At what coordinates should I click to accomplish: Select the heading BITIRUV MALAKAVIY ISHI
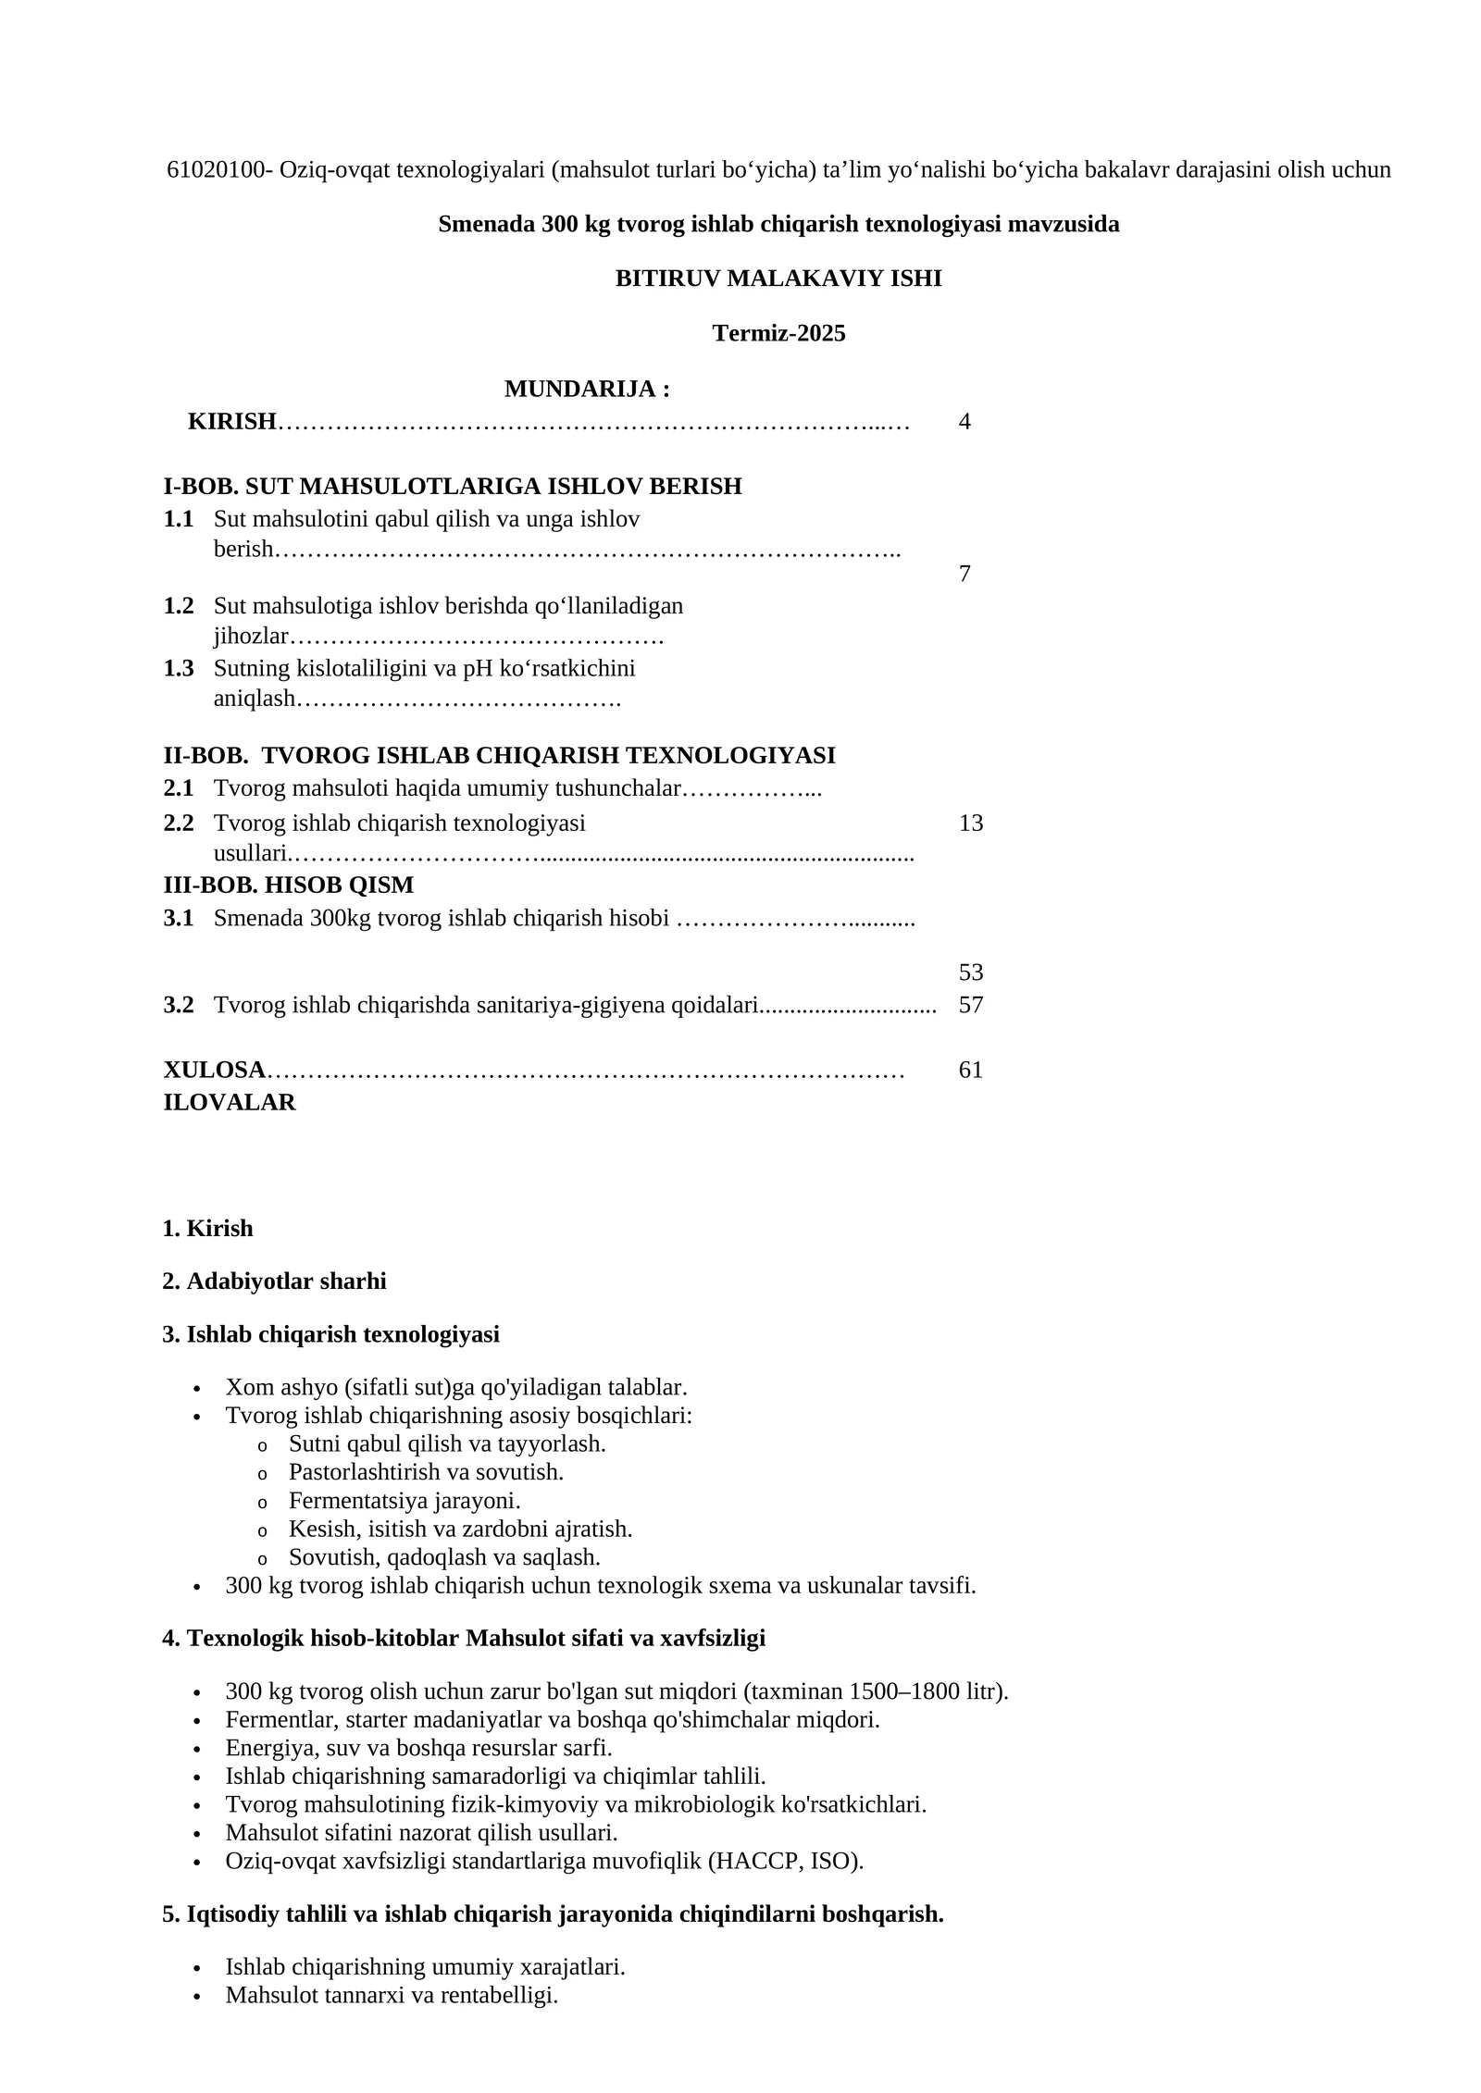[x=778, y=279]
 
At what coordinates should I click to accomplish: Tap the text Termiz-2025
[x=778, y=333]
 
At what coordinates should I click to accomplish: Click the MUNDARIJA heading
[x=587, y=390]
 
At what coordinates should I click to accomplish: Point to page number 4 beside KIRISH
[x=965, y=422]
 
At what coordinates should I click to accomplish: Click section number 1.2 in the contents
[x=179, y=606]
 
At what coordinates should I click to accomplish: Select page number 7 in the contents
[x=965, y=574]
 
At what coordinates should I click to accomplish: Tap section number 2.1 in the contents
[x=179, y=788]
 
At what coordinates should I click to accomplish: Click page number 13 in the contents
[x=971, y=823]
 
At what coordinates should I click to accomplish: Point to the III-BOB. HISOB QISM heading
[x=289, y=885]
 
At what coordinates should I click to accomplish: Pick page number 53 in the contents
[x=971, y=972]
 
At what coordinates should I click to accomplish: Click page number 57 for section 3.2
[x=971, y=1005]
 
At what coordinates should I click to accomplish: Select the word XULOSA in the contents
[x=215, y=1070]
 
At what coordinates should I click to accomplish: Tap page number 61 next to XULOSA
[x=971, y=1070]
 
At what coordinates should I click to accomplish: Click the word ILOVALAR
[x=230, y=1102]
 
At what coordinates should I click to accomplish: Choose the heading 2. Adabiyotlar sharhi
[x=274, y=1282]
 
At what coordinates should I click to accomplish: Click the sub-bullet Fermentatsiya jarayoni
[x=404, y=1501]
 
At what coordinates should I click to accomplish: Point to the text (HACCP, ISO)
[x=785, y=1861]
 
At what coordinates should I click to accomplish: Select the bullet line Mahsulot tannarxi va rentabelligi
[x=392, y=1995]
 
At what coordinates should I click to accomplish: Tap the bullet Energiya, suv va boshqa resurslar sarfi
[x=418, y=1748]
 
